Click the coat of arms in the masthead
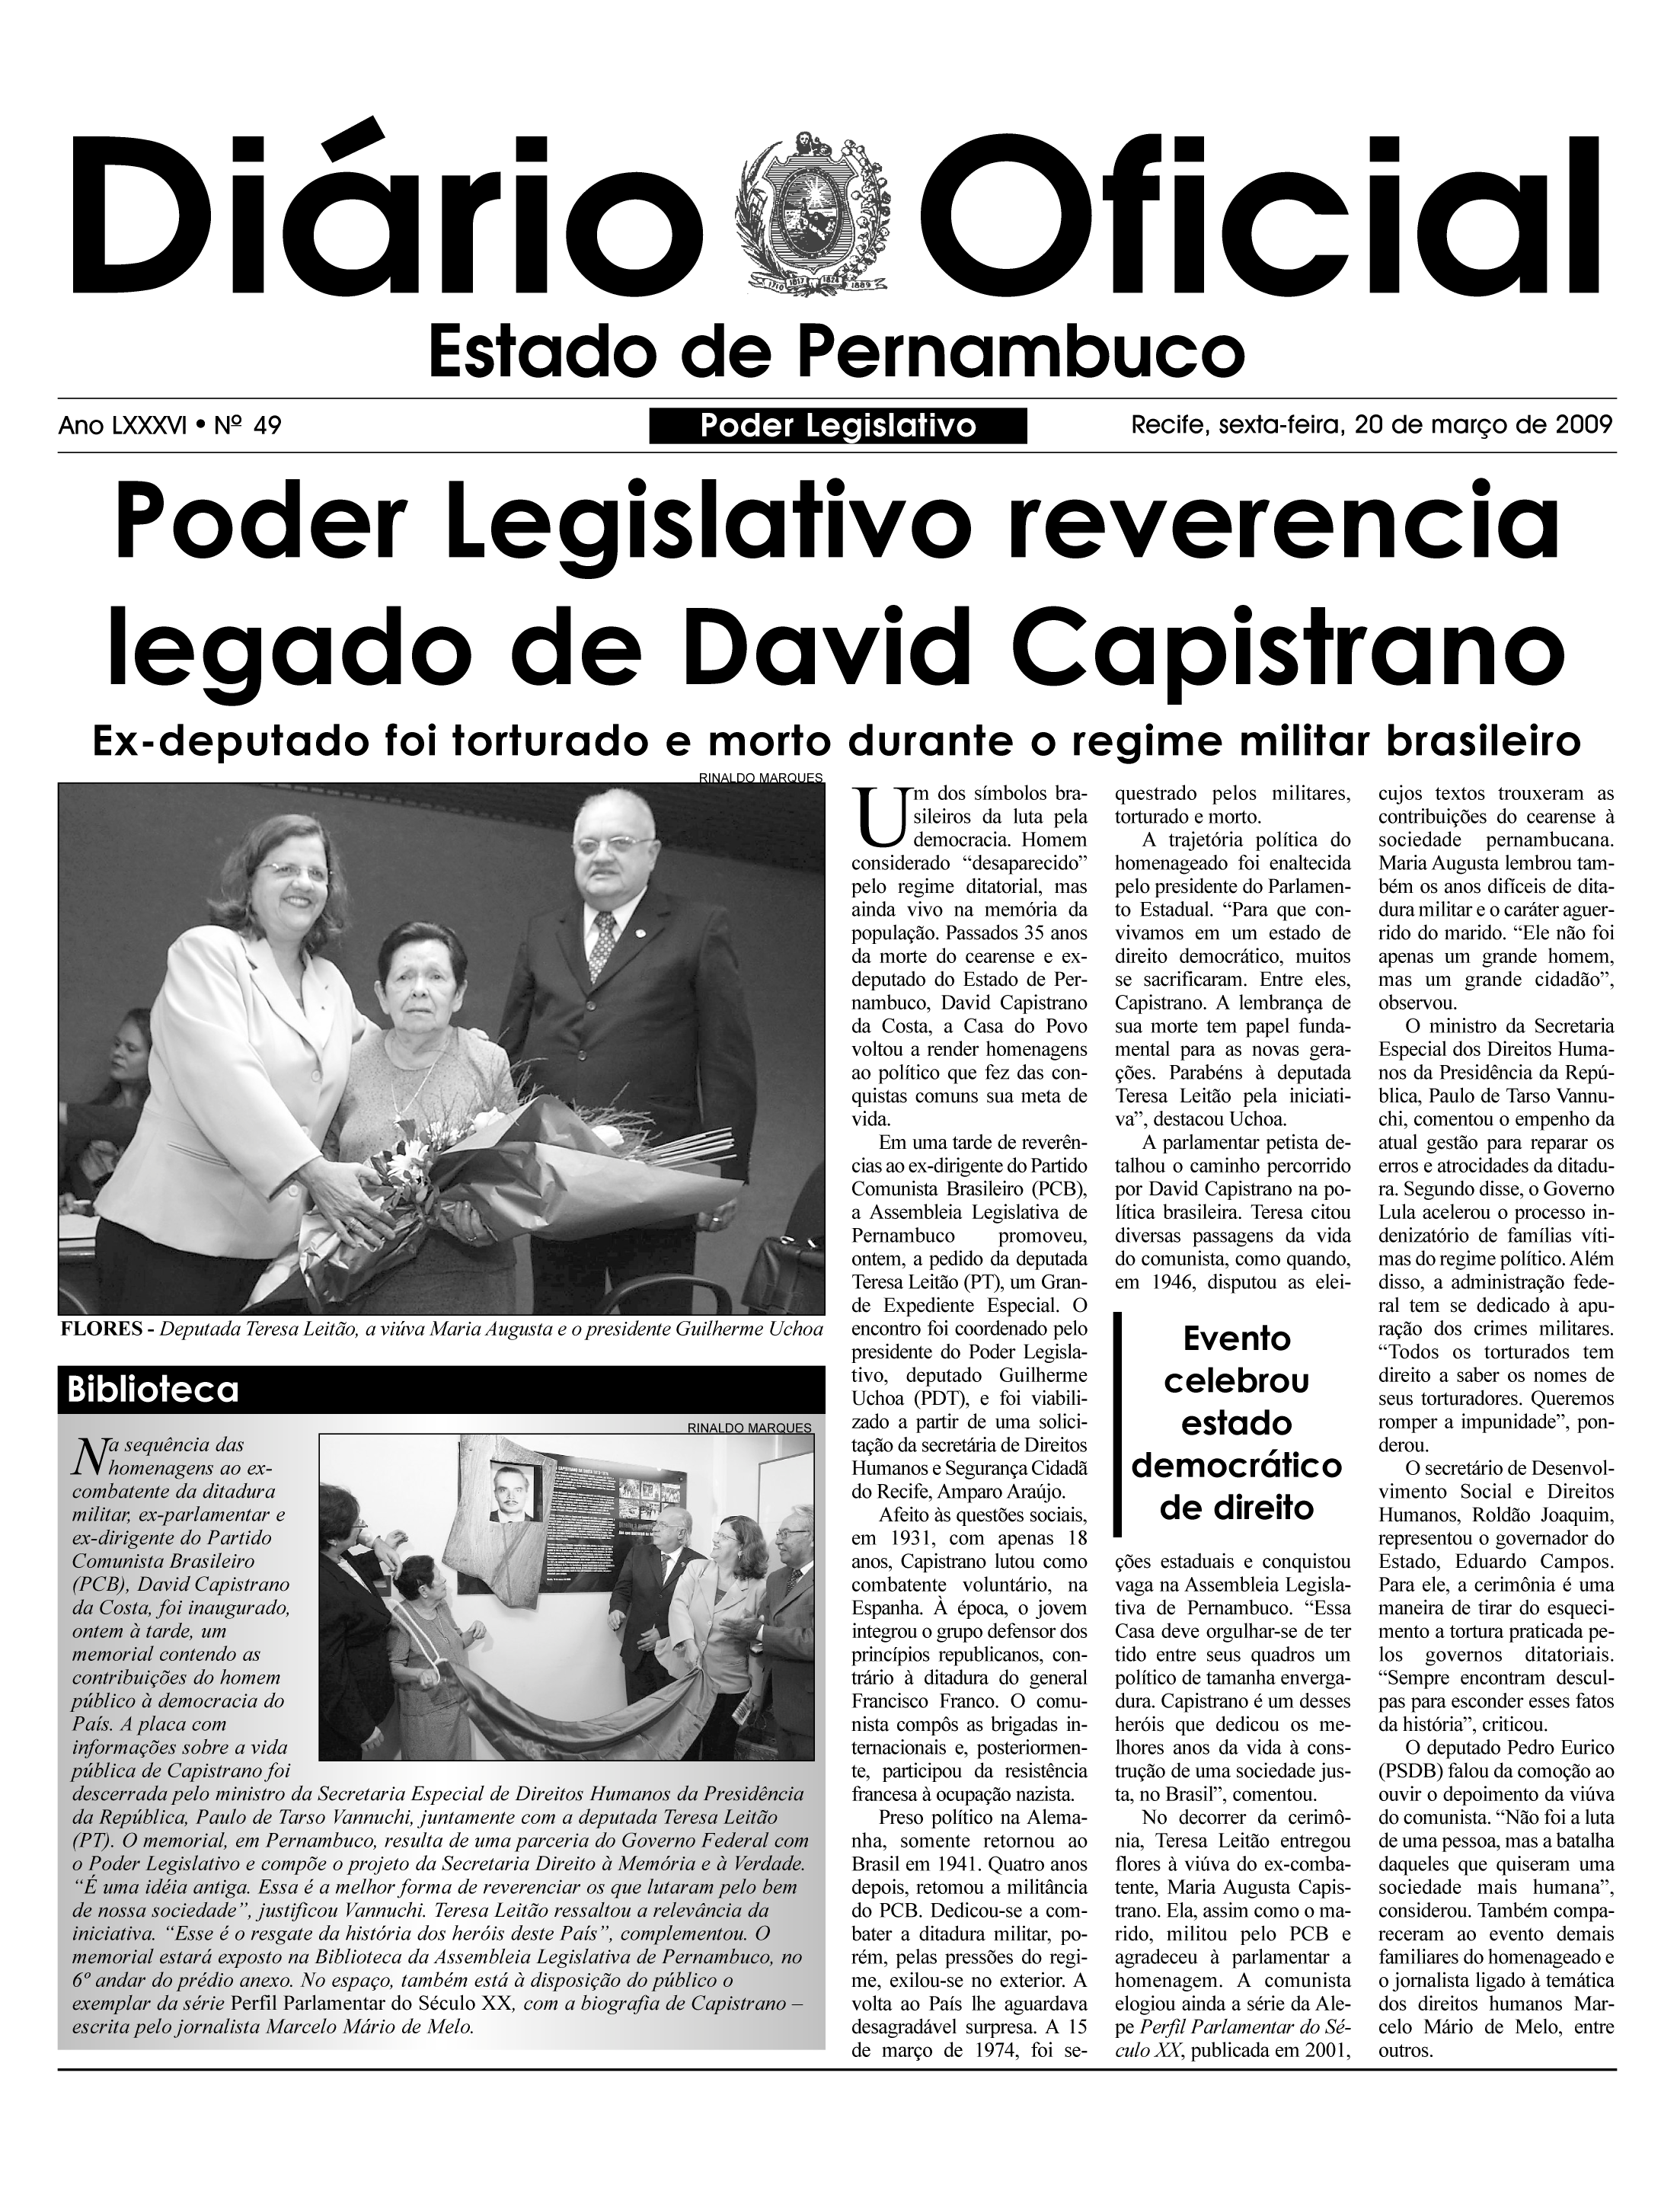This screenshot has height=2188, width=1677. tap(810, 212)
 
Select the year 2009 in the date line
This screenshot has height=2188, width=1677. tap(1583, 424)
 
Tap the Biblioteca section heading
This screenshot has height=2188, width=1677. tap(153, 1389)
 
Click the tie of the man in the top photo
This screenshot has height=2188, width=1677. tap(603, 944)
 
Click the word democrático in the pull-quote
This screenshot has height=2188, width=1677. tap(1237, 1466)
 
